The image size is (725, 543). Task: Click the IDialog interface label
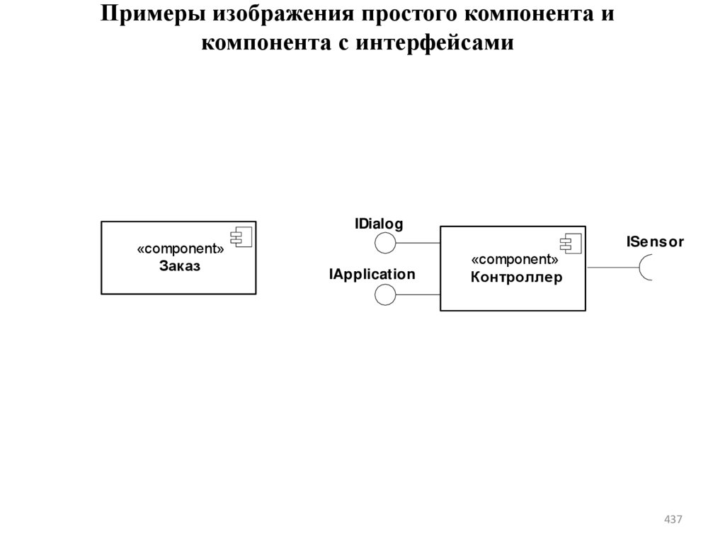coord(379,224)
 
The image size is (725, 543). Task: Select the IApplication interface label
coord(372,274)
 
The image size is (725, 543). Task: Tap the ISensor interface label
coord(655,242)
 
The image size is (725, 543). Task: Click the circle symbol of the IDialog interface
coord(385,244)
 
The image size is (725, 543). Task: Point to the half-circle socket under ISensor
coord(646,268)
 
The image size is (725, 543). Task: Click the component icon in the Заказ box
coord(241,236)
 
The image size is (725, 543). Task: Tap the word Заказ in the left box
coord(180,266)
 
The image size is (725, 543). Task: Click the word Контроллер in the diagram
coord(516,278)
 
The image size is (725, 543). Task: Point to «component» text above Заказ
coord(181,250)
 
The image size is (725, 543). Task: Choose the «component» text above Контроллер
coord(514,261)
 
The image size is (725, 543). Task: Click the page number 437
coord(673,520)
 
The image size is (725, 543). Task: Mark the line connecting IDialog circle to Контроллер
coord(418,244)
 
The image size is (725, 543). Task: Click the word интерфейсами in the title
coord(434,43)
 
